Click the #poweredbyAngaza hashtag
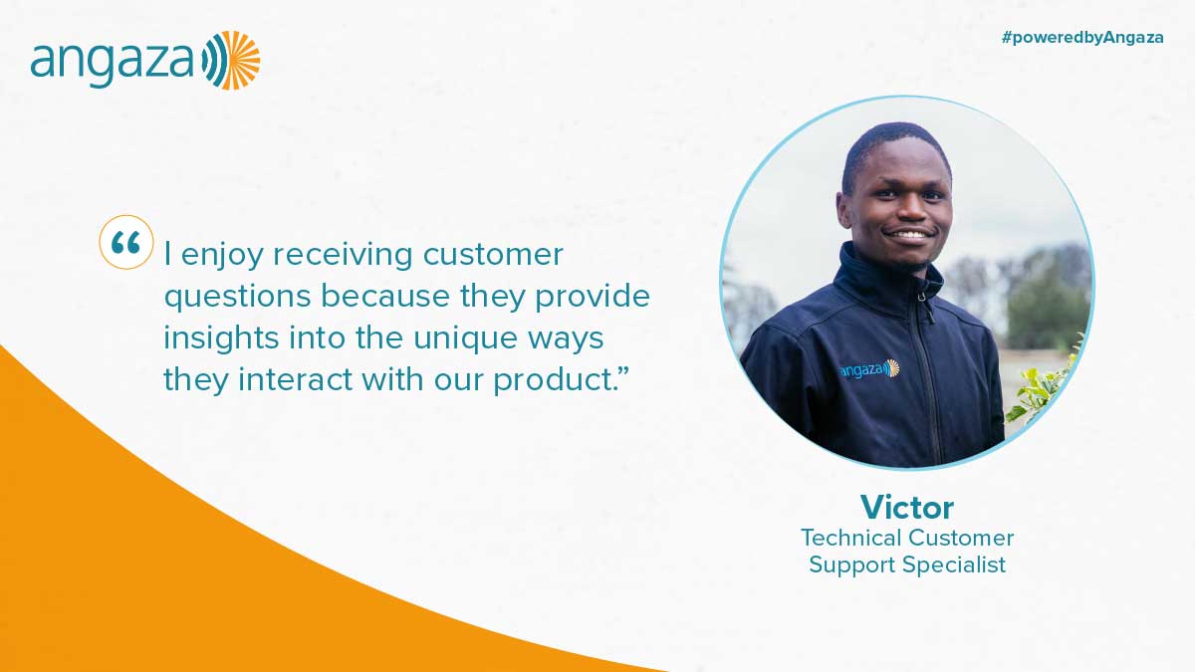[1082, 38]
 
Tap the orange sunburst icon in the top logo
[240, 61]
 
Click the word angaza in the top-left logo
[113, 64]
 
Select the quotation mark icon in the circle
[126, 242]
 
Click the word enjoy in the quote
[223, 256]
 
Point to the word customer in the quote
[493, 255]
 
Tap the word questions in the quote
[238, 298]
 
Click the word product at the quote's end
[556, 380]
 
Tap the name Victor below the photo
[906, 507]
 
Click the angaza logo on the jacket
[869, 368]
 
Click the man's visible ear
[844, 211]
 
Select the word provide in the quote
[593, 298]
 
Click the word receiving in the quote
[343, 255]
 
